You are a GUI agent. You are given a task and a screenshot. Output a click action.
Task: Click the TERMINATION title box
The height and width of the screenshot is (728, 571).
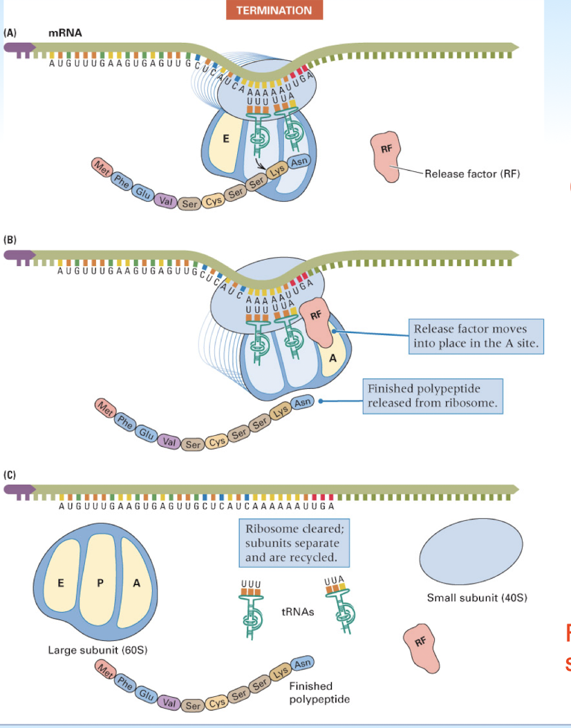pos(274,10)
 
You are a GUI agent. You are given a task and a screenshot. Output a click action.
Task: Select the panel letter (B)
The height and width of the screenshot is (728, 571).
pos(10,240)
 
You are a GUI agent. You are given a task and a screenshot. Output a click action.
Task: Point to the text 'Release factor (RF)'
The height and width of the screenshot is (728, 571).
pos(471,173)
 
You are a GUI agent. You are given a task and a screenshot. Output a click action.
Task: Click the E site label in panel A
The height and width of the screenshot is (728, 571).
pos(225,138)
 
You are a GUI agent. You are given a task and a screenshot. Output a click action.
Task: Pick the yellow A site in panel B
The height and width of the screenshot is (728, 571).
pos(331,356)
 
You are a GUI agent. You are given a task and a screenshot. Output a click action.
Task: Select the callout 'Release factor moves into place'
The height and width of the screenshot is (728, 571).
pos(476,336)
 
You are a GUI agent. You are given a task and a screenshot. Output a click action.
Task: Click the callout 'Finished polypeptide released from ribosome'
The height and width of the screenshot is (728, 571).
pos(433,396)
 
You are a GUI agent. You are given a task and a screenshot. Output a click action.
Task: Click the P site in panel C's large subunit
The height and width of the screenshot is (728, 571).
pos(101,583)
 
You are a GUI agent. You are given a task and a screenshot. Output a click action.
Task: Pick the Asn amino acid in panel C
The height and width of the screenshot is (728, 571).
pos(303,663)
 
